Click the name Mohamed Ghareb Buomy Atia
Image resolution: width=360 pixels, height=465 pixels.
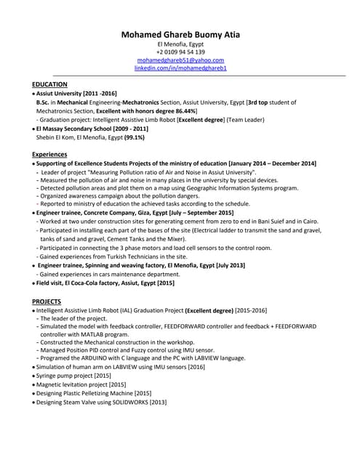click(x=180, y=34)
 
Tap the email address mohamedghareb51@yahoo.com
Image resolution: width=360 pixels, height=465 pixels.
click(x=180, y=60)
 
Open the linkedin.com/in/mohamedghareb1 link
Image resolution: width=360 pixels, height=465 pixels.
click(x=180, y=68)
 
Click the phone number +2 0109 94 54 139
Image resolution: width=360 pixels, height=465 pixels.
click(x=180, y=52)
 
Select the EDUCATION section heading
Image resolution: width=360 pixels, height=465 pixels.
click(x=50, y=84)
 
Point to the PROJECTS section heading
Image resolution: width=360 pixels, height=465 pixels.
click(x=47, y=301)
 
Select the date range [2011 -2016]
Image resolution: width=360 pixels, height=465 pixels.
click(x=99, y=94)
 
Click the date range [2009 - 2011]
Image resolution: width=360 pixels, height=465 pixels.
click(x=126, y=129)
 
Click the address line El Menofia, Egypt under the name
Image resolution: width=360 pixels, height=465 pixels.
click(x=180, y=44)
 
